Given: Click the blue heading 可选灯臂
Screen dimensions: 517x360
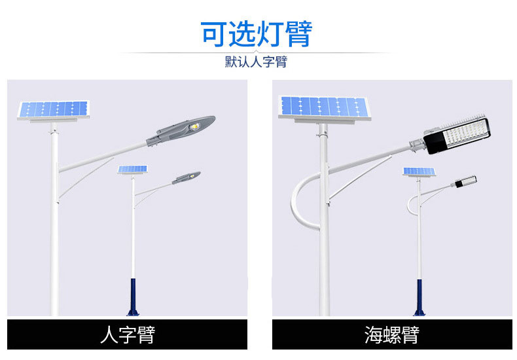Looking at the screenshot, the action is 256,34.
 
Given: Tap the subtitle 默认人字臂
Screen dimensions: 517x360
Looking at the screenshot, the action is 256,62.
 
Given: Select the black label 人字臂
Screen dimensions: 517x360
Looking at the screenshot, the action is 127,334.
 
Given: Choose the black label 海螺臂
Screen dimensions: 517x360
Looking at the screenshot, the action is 392,334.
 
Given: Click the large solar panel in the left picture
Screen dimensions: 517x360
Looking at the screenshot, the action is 54,110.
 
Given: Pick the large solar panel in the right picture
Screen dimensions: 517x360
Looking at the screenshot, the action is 325,107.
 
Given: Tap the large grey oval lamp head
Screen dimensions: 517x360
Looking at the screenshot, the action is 181,130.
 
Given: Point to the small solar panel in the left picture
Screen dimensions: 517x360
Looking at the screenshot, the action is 133,170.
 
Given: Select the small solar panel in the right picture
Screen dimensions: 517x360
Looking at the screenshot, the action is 419,171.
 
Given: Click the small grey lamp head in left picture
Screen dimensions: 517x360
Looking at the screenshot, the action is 186,177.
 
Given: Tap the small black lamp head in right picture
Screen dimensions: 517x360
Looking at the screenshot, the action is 465,182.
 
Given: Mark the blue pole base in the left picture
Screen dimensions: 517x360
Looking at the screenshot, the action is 133,297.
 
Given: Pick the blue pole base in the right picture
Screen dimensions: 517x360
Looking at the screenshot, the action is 419,298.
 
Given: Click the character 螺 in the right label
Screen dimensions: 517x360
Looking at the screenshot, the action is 392,334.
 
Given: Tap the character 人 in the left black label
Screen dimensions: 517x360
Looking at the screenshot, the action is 109,334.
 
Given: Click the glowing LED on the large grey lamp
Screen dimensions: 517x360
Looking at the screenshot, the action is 195,126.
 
